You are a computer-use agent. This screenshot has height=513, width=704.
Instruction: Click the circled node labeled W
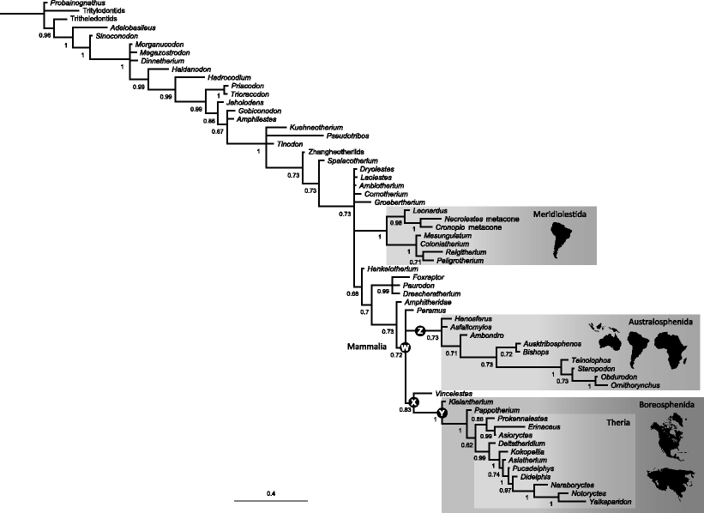point(406,347)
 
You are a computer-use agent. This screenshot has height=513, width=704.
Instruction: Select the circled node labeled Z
point(420,331)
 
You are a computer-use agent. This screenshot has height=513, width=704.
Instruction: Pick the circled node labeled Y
point(442,414)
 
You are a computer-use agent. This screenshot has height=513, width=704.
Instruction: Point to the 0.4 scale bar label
point(271,493)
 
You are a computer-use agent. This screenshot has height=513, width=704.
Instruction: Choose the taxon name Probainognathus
point(75,3)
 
